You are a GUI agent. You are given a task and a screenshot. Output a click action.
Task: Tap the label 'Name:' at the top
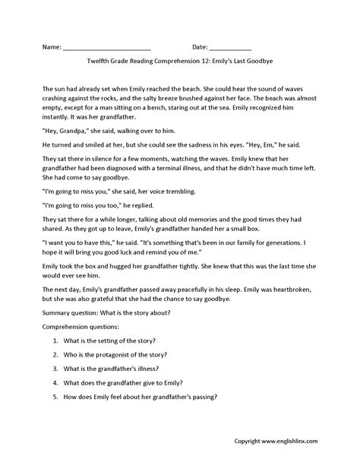(x=51, y=47)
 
